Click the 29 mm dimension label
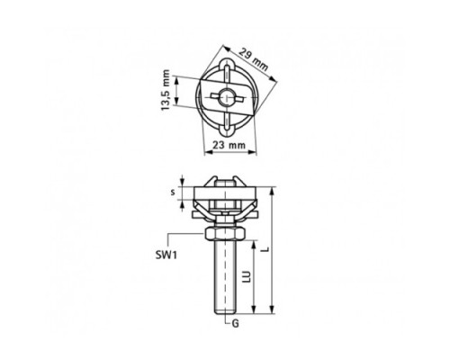click(254, 59)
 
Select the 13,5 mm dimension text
click(166, 90)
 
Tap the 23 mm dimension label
click(229, 145)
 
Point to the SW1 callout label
click(166, 256)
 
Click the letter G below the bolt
click(236, 324)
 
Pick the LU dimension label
click(247, 276)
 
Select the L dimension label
click(265, 249)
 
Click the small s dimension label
click(173, 193)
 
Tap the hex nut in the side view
click(225, 233)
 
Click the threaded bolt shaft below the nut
click(225, 276)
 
